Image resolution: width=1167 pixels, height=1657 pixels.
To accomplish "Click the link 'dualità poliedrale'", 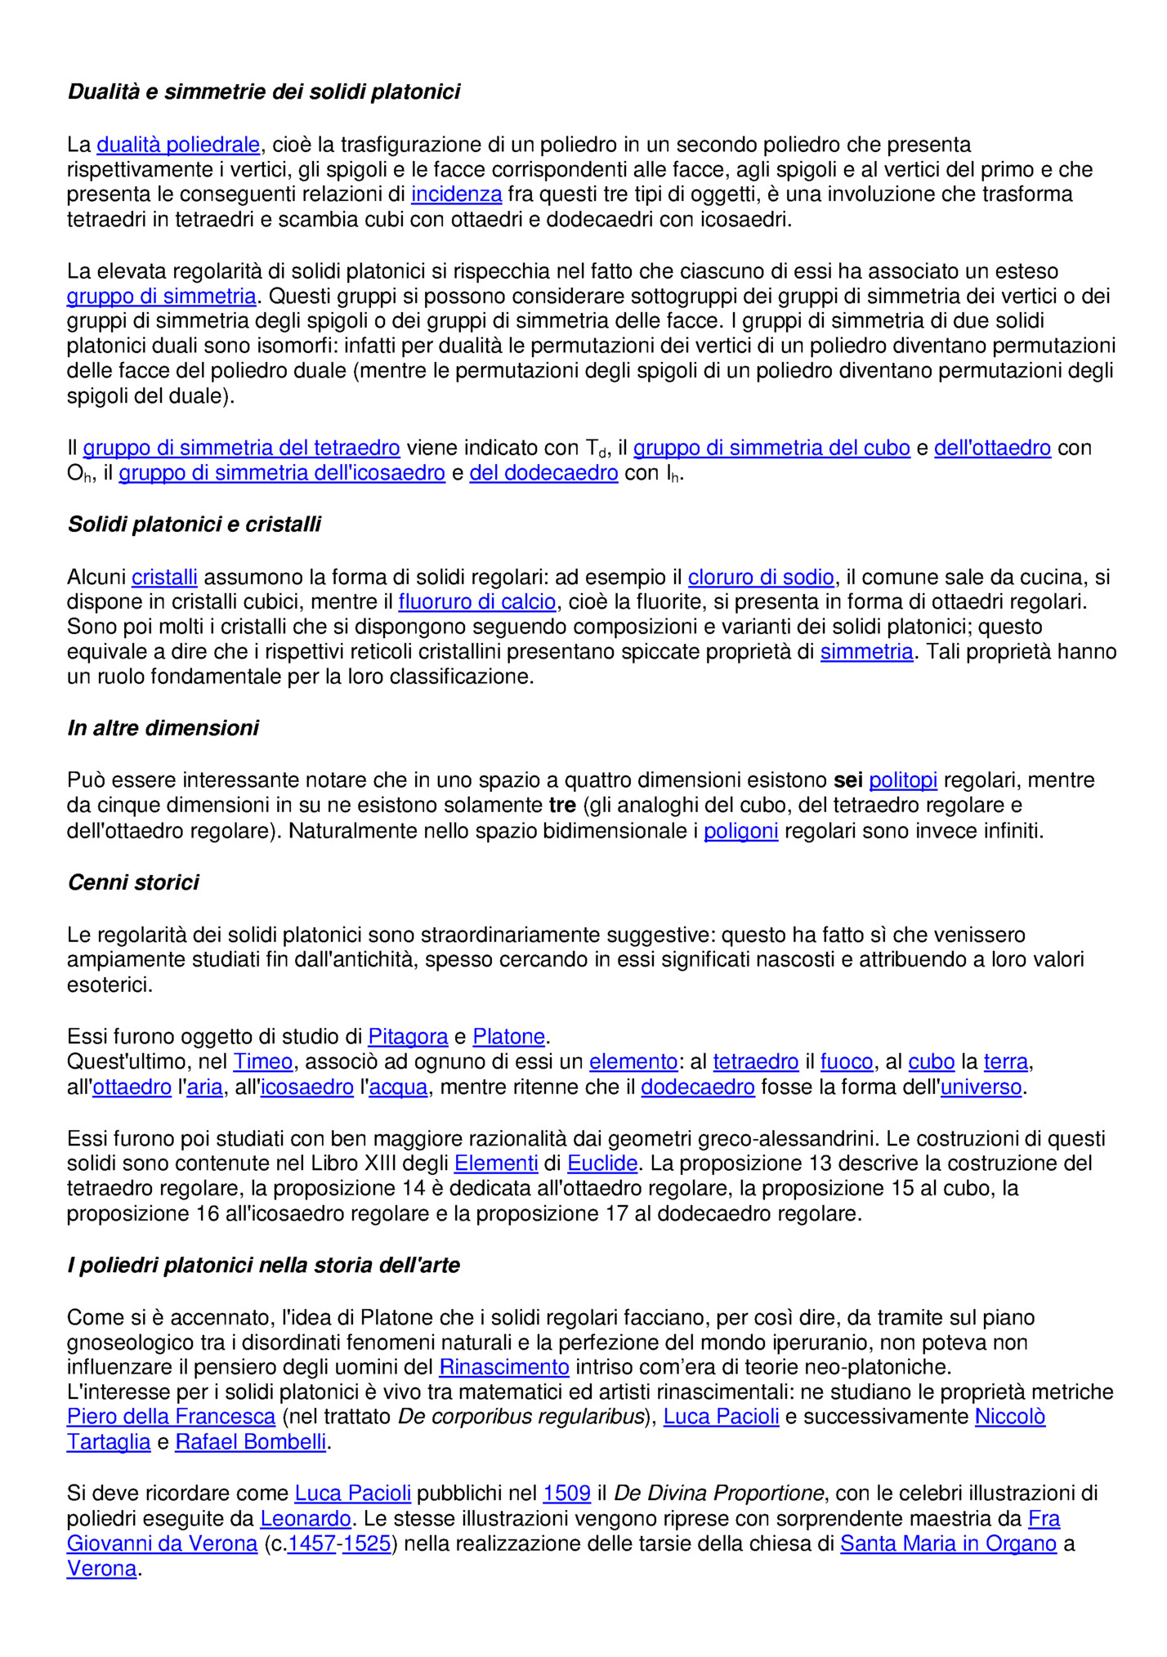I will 178,145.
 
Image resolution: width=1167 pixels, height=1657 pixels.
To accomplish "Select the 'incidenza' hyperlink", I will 456,194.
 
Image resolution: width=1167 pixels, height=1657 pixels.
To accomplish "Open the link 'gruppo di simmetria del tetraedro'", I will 241,448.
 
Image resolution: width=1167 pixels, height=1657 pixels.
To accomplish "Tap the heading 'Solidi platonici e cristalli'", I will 194,525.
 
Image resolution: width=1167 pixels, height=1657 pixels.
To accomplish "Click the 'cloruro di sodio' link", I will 761,578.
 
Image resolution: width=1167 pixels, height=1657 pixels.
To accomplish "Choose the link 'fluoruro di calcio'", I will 477,602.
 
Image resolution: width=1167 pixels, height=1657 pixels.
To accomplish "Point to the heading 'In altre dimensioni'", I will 163,728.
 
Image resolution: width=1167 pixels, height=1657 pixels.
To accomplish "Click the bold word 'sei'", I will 847,780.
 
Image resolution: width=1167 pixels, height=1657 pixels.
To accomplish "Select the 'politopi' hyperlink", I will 903,780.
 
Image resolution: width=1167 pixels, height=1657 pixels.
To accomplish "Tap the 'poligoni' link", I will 740,831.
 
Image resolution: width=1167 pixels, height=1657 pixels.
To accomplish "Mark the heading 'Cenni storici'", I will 133,882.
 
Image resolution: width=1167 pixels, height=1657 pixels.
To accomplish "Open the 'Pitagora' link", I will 408,1037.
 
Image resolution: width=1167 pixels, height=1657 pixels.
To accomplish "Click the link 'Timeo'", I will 262,1061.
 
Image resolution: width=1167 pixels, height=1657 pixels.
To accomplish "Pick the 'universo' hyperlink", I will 981,1087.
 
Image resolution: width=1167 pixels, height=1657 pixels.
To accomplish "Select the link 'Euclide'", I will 602,1163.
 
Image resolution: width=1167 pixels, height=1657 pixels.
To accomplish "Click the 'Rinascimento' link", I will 503,1367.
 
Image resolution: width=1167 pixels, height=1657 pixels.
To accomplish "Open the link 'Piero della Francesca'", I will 171,1417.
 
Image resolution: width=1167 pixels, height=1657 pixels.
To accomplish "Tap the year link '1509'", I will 566,1494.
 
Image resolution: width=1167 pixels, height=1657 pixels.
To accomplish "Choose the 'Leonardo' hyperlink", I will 306,1519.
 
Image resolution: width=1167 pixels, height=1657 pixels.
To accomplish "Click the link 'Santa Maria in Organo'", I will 948,1543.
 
